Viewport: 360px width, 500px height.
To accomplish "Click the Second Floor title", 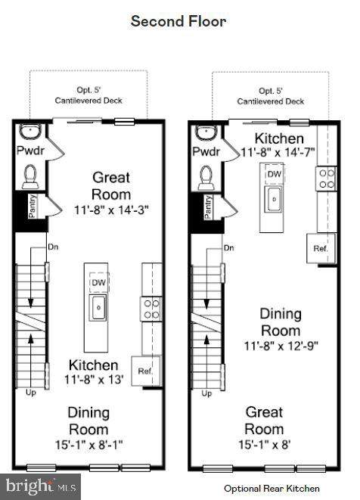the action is point(178,21).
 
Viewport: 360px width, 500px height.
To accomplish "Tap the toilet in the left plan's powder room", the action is point(30,176).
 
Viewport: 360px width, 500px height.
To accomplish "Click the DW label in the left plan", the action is point(99,282).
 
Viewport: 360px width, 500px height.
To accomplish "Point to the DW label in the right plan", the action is point(275,174).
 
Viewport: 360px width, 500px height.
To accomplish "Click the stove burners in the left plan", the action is point(151,309).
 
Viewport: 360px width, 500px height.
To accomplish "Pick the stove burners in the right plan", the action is point(327,179).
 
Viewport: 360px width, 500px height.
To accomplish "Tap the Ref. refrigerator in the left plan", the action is point(145,371).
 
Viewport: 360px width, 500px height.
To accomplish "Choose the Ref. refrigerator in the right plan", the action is point(321,248).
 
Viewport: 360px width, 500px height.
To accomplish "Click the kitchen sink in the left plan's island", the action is point(98,307).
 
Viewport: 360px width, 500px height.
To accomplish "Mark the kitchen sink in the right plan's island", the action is point(275,199).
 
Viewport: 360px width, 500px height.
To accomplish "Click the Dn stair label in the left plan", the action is point(53,247).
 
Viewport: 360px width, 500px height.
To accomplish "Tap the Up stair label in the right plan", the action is point(206,394).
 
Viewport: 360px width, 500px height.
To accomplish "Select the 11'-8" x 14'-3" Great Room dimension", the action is point(111,210).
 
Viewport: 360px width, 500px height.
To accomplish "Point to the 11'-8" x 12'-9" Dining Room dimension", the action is point(281,346).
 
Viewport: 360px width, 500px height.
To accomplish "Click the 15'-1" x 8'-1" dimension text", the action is point(89,445).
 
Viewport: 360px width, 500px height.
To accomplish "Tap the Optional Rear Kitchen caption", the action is point(272,488).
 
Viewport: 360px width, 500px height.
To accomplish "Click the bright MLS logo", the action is point(41,487).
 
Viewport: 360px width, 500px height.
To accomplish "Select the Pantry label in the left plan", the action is point(32,207).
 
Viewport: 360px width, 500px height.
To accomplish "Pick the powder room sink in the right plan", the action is point(206,132).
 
